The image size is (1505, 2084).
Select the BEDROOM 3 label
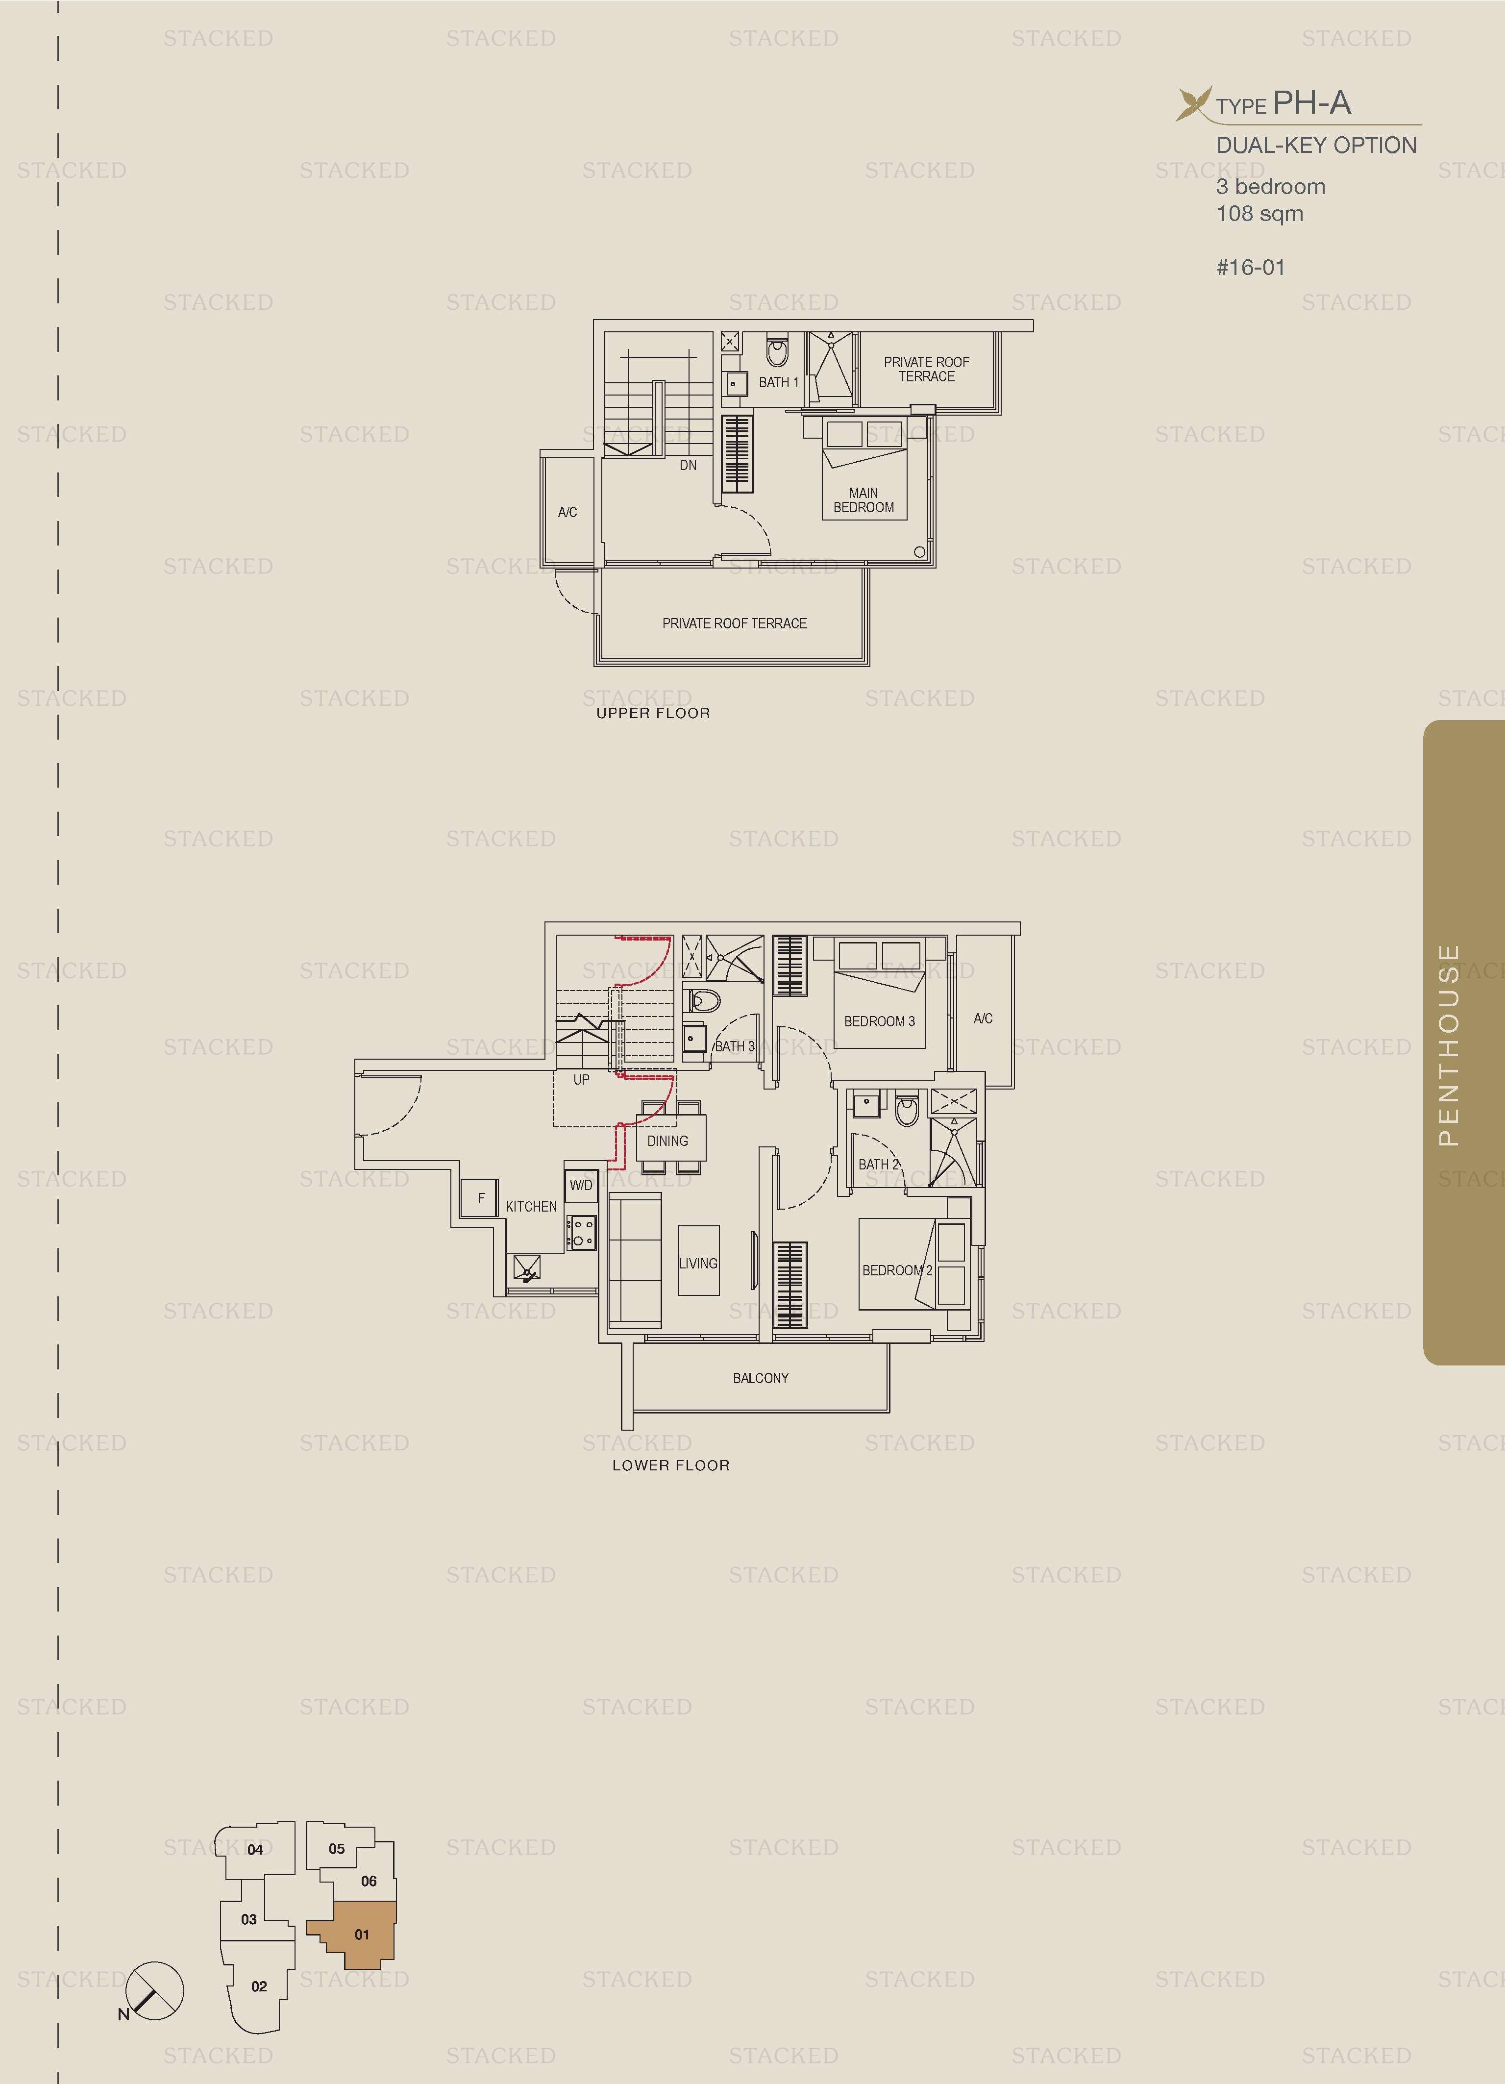pos(879,1021)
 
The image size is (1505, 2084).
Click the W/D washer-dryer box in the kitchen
pos(581,1185)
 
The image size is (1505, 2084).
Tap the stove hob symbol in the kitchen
pos(581,1232)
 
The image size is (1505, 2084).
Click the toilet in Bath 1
pos(777,351)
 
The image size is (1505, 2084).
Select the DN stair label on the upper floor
pos(687,465)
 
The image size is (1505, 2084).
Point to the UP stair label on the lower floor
pos(581,1080)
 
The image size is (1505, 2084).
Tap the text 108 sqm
pos(1259,214)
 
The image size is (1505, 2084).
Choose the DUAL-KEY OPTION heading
pos(1316,145)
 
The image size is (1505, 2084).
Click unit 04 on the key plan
pos(255,1850)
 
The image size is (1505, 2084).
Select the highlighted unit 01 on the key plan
pos(362,1934)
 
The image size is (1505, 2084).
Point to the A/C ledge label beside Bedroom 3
pos(982,1018)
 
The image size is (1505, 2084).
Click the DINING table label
pos(667,1141)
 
